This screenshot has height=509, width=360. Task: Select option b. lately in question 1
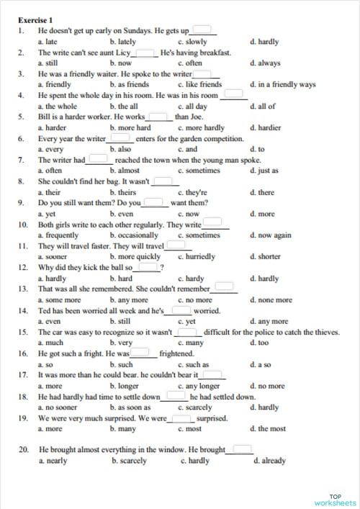click(x=123, y=42)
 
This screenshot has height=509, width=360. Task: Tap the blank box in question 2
click(x=146, y=53)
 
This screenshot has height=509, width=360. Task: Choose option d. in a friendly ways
click(x=282, y=84)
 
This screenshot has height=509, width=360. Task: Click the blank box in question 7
click(x=99, y=159)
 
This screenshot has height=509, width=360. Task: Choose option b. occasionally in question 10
click(x=134, y=235)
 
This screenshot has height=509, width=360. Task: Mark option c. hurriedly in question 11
click(x=196, y=256)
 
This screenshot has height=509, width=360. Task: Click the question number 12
click(x=23, y=267)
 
